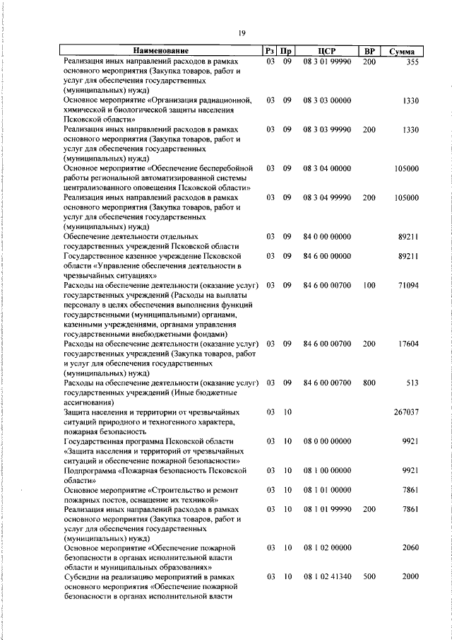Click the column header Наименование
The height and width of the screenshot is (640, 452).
pos(161,52)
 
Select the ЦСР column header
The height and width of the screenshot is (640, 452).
pos(326,52)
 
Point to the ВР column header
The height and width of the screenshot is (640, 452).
pos(369,52)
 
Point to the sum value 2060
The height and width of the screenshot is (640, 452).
pos(410,548)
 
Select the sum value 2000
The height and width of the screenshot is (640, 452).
pos(410,578)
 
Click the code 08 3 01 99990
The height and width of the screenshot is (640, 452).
pos(326,62)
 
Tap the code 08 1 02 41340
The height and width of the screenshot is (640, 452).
pos(326,578)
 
